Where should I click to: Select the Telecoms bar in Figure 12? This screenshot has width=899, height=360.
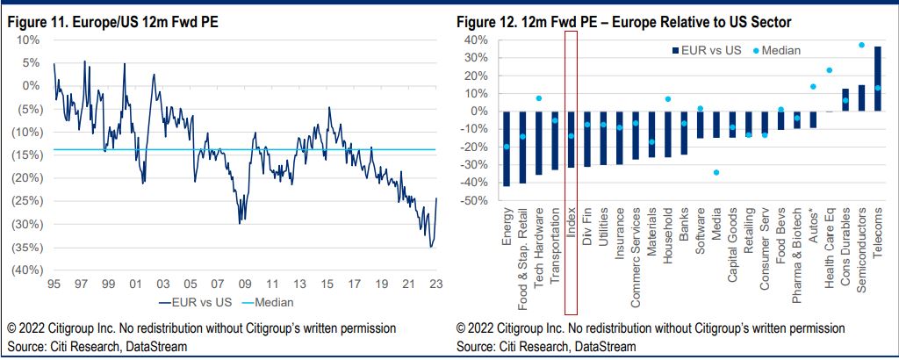[x=878, y=79]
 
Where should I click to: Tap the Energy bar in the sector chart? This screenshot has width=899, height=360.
[x=507, y=148]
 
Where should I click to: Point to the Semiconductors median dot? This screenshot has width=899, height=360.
[x=861, y=45]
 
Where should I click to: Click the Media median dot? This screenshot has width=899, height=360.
[x=716, y=172]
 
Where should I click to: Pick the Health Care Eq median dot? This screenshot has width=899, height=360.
[x=829, y=70]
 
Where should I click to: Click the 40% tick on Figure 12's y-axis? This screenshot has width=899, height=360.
[x=474, y=40]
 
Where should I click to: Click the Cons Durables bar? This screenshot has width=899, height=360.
[x=845, y=100]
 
